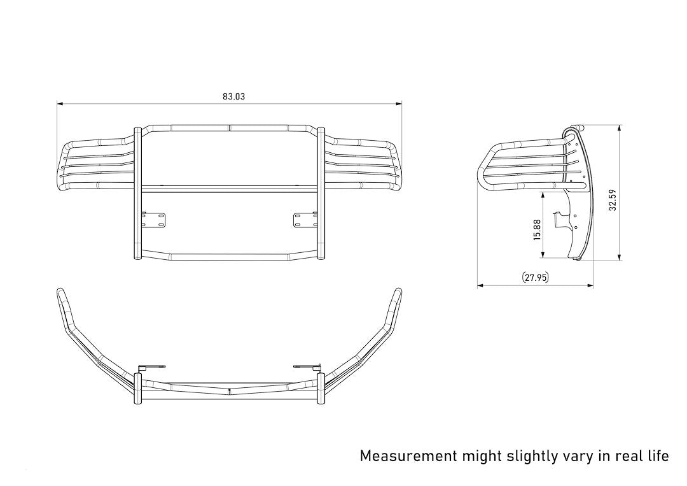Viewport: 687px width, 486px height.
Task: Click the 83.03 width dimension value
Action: tap(233, 97)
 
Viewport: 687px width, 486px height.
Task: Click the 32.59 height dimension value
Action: tap(612, 199)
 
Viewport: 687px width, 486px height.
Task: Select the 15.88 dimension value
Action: tap(538, 229)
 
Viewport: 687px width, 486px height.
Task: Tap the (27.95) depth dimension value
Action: tap(535, 277)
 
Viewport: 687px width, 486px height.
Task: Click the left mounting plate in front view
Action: tap(153, 219)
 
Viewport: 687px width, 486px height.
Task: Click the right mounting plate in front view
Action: tap(305, 219)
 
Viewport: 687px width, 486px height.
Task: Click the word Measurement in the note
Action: tap(408, 456)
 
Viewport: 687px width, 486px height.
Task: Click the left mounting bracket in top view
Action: tap(152, 367)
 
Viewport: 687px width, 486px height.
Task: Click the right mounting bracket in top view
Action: tap(306, 367)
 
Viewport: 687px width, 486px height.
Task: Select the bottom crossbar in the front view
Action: tap(229, 257)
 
